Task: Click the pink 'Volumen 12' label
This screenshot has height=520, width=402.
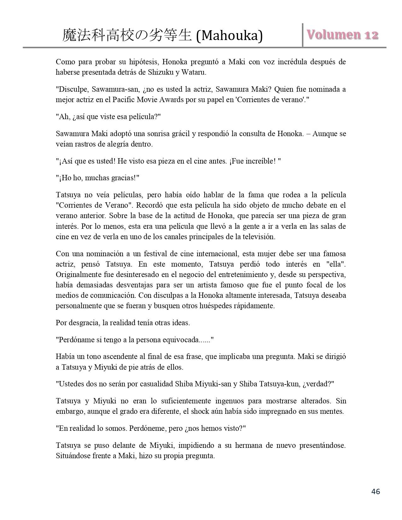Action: coord(343,35)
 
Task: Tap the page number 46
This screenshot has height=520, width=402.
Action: coord(376,491)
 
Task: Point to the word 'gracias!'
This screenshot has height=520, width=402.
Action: coord(121,178)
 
